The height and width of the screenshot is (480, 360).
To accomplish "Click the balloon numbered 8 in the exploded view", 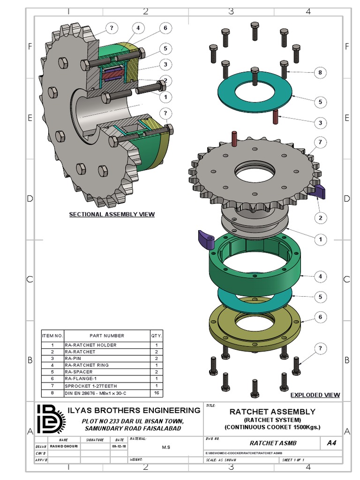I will [320, 73].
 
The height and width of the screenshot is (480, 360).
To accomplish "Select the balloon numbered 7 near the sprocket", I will [320, 142].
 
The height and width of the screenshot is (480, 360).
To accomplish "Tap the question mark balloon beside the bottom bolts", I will [320, 348].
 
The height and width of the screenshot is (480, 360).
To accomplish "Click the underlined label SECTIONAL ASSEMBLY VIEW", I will [112, 214].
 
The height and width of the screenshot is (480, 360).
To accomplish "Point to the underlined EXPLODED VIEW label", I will [315, 395].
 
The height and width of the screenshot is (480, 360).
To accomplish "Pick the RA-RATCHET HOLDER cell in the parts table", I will [90, 345].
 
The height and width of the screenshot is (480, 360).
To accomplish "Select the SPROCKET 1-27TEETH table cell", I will [90, 386].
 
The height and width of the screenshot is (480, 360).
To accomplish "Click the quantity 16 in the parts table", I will [156, 393].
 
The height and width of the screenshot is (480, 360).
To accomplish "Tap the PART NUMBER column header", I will [107, 336].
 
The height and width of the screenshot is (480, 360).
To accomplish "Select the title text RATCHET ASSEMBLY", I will [272, 412].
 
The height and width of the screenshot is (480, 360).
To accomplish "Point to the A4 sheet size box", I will [331, 442].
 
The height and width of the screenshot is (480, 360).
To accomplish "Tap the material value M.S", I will [166, 447].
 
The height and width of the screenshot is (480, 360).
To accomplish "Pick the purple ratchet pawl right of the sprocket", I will [319, 191].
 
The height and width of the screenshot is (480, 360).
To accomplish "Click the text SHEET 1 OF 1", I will [293, 460].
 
